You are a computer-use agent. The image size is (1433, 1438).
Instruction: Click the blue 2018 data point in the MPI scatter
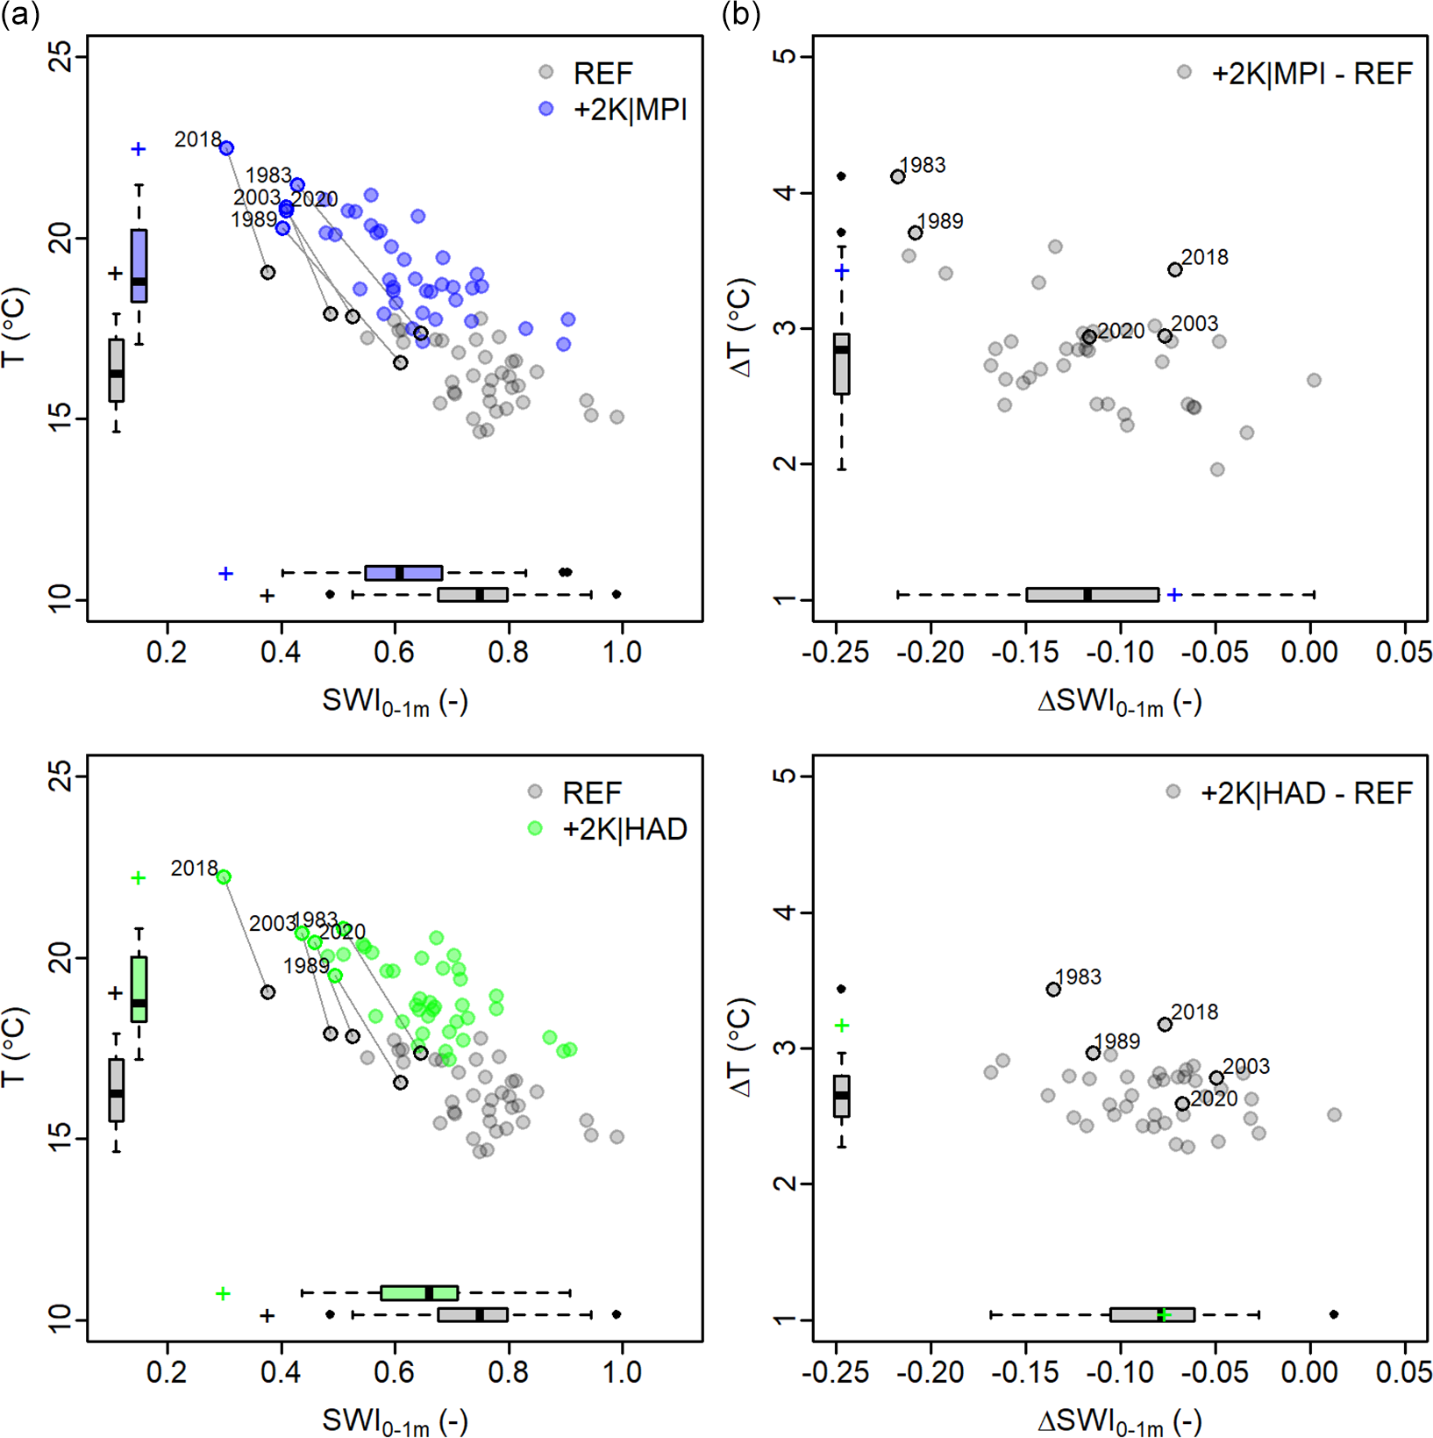pos(226,148)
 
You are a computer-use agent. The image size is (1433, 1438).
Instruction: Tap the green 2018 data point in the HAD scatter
pos(224,877)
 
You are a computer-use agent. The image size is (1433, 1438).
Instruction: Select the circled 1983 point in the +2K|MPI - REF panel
pos(898,177)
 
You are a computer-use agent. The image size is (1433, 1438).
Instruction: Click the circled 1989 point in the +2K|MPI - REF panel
pos(916,233)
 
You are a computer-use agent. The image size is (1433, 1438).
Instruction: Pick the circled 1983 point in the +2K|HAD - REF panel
pos(1053,990)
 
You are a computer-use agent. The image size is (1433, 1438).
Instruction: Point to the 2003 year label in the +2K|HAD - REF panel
pos(1246,1067)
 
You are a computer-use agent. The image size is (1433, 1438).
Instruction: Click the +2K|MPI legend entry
pos(630,110)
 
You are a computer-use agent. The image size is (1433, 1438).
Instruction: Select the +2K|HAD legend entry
pos(624,829)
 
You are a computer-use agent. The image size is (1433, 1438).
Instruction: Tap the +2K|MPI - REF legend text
pos(1311,74)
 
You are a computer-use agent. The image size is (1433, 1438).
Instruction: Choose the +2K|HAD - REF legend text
pos(1306,793)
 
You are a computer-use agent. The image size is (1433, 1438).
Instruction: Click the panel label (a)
pos(20,15)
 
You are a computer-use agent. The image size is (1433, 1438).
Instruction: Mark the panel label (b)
pos(741,15)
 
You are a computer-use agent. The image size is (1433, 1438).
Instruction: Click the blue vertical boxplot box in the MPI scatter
pos(139,265)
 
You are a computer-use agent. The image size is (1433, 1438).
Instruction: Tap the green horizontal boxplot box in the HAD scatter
pos(419,1292)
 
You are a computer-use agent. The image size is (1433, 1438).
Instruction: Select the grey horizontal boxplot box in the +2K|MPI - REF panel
pos(1092,595)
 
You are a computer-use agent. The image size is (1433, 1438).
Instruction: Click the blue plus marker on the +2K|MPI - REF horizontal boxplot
pos(1174,595)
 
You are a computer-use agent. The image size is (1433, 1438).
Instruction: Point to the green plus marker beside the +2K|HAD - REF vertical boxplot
pos(842,1026)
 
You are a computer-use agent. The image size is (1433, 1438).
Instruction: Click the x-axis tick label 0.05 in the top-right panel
pos(1405,653)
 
